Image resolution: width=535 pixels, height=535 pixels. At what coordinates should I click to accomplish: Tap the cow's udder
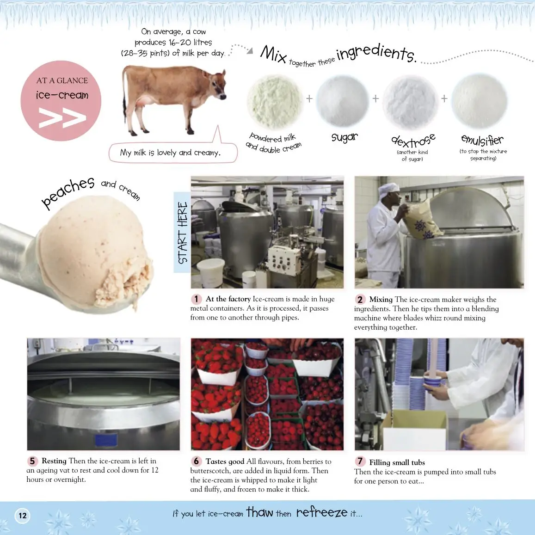tap(145, 101)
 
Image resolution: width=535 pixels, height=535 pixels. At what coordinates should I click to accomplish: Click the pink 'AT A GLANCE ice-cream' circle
tap(61, 101)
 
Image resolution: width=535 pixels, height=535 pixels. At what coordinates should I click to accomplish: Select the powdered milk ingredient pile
tap(275, 102)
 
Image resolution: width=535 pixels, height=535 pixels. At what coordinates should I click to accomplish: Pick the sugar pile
tap(342, 101)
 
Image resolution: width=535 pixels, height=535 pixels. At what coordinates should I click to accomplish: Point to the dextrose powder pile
tap(410, 102)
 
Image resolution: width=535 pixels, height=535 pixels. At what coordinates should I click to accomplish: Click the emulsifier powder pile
tap(479, 101)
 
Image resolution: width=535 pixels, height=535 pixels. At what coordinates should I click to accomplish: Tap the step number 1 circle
tap(196, 299)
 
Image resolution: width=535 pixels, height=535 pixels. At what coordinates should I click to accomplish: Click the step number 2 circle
tap(360, 300)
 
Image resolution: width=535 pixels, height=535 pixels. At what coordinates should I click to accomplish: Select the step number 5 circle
tap(32, 461)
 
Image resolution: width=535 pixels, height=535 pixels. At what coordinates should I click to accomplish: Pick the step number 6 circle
tap(196, 461)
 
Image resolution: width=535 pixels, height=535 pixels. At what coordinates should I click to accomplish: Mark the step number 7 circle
tap(360, 461)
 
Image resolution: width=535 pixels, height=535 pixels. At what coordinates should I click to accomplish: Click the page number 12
tap(23, 516)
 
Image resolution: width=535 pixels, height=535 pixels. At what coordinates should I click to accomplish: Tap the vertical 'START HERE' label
tap(183, 232)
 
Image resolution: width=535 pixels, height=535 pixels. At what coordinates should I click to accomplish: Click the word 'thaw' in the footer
tap(260, 512)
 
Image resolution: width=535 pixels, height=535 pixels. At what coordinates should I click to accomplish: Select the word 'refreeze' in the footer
tap(322, 512)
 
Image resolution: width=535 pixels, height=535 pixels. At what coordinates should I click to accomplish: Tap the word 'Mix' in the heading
tap(273, 54)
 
